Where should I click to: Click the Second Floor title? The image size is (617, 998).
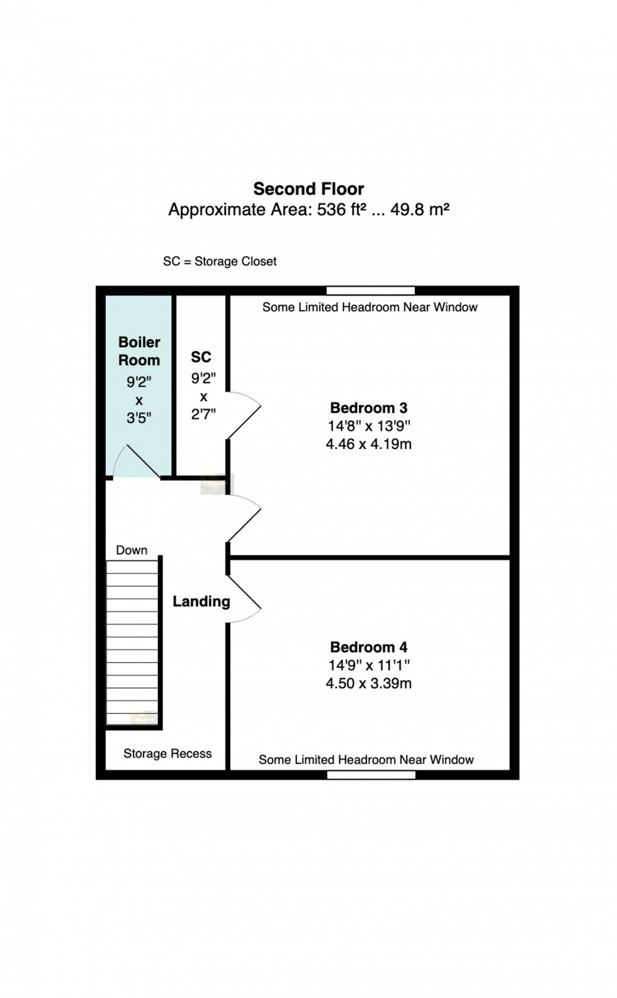(308, 189)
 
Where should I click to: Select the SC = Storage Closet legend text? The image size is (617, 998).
(220, 261)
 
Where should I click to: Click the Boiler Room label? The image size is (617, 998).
(139, 351)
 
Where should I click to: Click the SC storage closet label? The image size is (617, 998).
(201, 357)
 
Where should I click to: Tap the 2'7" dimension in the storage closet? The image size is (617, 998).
(203, 415)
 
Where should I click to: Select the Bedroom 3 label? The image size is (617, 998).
(368, 408)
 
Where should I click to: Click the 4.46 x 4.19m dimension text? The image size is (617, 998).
(368, 444)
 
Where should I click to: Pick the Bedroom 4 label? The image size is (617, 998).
(368, 647)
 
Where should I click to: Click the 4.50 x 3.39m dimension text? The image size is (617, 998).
(368, 684)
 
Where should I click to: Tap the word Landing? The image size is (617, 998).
(201, 601)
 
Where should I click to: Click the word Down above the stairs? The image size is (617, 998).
(132, 550)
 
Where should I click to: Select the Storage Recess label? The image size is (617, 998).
(167, 753)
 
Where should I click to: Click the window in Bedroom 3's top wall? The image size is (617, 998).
(370, 291)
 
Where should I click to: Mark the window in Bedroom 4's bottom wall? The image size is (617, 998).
(371, 775)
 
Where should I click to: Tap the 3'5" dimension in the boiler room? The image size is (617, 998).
(139, 418)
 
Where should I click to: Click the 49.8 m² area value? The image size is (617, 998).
(420, 209)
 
